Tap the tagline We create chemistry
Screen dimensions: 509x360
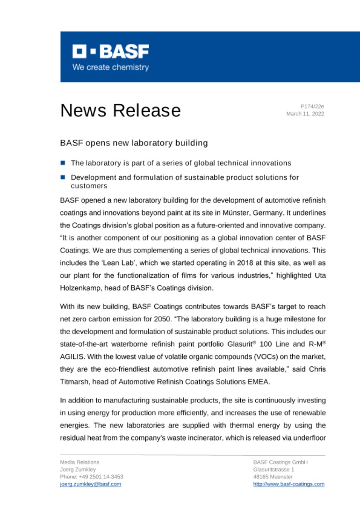(x=110, y=67)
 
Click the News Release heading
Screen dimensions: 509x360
(x=120, y=110)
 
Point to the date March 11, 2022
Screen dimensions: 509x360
(x=305, y=114)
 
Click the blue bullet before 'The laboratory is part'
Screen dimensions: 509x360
(x=63, y=163)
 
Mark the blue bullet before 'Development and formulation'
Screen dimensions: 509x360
(x=63, y=177)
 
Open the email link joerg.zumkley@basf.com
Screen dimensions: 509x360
(x=90, y=484)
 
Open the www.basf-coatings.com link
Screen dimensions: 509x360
(x=288, y=484)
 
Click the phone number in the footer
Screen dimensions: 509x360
(x=91, y=476)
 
